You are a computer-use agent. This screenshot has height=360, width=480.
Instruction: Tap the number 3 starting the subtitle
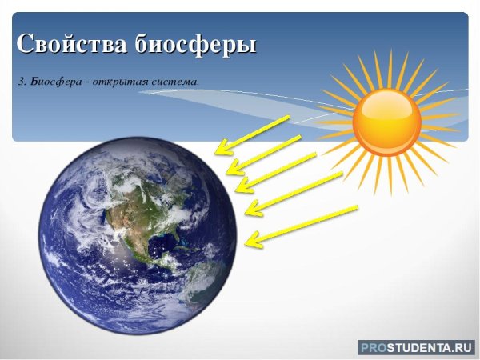19,81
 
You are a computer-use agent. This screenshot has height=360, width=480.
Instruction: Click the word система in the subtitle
176,81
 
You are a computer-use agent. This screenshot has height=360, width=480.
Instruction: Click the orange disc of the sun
386,121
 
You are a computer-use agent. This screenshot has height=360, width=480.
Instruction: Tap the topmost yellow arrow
254,134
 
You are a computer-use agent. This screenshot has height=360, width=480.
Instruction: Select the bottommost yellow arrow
301,224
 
